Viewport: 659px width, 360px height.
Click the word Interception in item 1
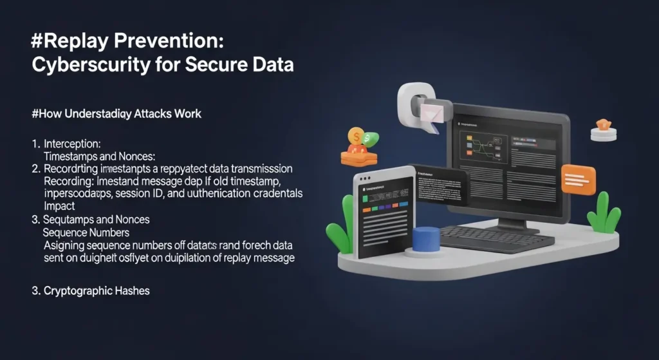(x=71, y=143)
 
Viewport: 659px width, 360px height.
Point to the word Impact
(x=59, y=206)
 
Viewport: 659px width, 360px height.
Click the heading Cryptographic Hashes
(x=97, y=291)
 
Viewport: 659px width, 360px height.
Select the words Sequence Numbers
(x=86, y=232)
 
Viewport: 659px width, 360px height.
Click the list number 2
(x=35, y=168)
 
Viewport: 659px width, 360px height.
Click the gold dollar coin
(x=355, y=136)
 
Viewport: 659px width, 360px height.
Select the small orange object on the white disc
(x=603, y=124)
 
